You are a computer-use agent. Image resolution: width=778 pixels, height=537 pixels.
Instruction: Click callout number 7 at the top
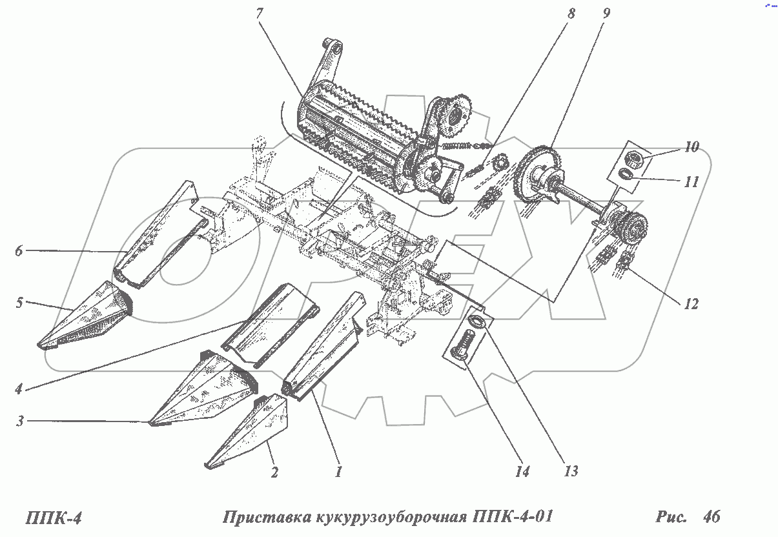coord(260,14)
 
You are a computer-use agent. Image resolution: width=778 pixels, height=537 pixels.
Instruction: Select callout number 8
coord(570,14)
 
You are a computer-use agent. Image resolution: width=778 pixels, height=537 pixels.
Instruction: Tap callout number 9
coord(605,14)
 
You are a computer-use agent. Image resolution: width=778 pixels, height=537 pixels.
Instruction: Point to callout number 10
coord(691,147)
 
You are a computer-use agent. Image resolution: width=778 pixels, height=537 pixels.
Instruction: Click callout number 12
coord(691,303)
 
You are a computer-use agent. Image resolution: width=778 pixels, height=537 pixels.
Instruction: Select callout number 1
coord(337,472)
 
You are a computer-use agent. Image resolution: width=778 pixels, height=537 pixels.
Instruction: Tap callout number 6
coord(19,251)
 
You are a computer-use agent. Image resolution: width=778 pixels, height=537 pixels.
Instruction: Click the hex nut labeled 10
coord(631,157)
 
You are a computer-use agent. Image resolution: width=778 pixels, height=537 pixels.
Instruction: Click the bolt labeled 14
coord(467,345)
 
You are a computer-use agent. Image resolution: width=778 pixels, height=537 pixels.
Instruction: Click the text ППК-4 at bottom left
coord(56,518)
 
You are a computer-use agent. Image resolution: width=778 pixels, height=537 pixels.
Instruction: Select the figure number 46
coord(712,516)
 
